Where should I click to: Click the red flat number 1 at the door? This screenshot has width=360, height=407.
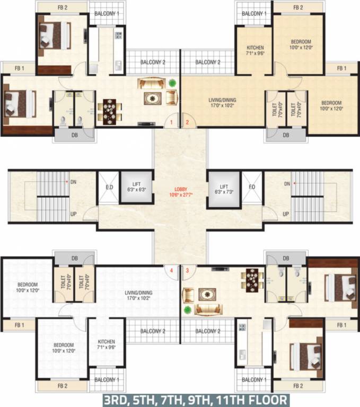point(171,122)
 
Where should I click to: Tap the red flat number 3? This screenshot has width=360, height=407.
point(187,270)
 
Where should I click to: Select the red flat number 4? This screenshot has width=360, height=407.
point(171,270)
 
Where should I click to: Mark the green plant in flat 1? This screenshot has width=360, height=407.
point(173,83)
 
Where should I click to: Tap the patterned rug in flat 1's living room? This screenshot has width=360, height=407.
point(153,99)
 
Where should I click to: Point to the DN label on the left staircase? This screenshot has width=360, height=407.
point(73,182)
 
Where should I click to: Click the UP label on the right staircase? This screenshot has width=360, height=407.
point(286,214)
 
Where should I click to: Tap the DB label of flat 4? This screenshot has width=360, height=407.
point(74,259)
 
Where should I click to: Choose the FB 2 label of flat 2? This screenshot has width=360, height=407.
point(298,7)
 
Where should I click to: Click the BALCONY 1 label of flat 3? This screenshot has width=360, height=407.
point(252,379)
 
